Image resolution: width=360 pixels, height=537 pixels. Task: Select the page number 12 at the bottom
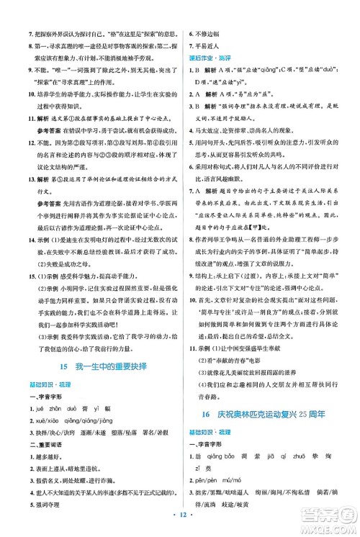(180, 518)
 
